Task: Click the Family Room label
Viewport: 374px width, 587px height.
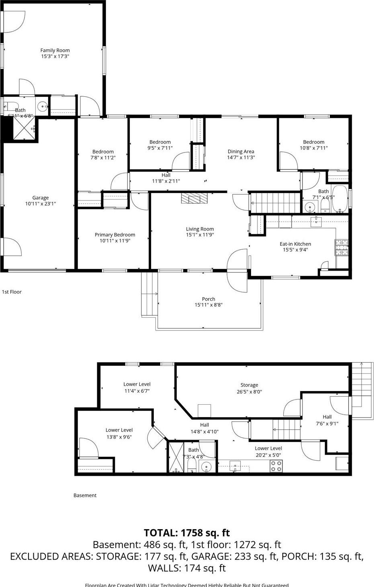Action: [x=55, y=51]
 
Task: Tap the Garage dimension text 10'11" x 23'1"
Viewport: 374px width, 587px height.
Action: [x=40, y=204]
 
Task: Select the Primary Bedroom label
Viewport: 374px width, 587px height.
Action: [x=115, y=235]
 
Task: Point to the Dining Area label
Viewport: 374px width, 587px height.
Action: [x=241, y=151]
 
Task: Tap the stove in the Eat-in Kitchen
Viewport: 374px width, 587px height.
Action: [x=341, y=247]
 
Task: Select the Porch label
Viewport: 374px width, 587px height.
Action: [x=208, y=299]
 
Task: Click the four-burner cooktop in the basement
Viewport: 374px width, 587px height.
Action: [x=276, y=466]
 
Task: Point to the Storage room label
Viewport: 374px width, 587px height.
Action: [x=249, y=385]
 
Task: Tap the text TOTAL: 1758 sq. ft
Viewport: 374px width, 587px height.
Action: [x=187, y=533]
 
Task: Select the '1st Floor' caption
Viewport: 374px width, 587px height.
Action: [x=12, y=292]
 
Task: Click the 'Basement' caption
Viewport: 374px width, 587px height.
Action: [x=85, y=495]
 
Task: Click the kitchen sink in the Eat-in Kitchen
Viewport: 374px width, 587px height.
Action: [x=316, y=220]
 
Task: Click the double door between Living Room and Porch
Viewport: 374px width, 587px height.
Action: [x=237, y=271]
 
